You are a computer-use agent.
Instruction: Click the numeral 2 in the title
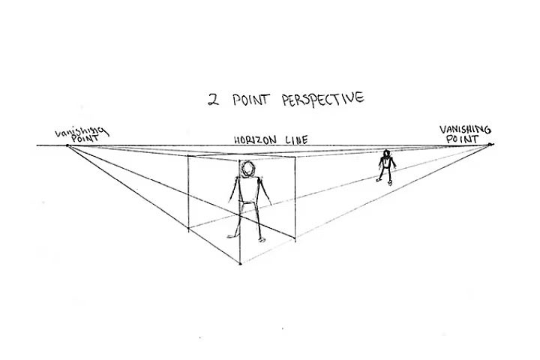(214, 100)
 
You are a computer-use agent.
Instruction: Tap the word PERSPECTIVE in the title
(322, 99)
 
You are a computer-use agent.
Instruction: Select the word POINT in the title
(250, 100)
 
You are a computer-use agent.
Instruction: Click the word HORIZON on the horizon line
(255, 140)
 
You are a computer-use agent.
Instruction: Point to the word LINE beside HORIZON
(295, 139)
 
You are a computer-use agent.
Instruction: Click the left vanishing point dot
(67, 145)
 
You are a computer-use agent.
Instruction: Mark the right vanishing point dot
(489, 144)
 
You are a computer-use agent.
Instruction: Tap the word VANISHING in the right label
(465, 130)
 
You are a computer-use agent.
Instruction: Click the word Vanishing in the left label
(81, 131)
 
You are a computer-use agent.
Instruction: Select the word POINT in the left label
(85, 139)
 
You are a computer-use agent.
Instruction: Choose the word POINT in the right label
(462, 139)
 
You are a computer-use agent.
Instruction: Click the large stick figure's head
(248, 169)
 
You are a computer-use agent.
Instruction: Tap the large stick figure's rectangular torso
(247, 190)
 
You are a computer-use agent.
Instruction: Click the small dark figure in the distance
(387, 167)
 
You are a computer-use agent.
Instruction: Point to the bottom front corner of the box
(241, 264)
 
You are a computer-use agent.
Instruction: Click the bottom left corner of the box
(188, 229)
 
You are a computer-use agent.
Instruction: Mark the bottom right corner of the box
(295, 238)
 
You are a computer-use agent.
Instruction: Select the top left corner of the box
(188, 156)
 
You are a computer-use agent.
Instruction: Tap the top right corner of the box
(295, 157)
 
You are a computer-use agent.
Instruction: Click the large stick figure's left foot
(231, 236)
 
